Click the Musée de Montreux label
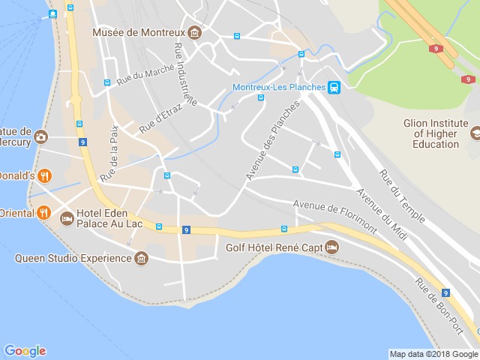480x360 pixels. pyautogui.click(x=139, y=32)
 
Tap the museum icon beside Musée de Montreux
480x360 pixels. pyautogui.click(x=195, y=33)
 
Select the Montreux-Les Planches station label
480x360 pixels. pyautogui.click(x=279, y=87)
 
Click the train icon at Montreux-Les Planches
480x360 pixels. pyautogui.click(x=334, y=88)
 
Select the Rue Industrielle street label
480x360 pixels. pyautogui.click(x=184, y=74)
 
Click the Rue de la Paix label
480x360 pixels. pyautogui.click(x=109, y=153)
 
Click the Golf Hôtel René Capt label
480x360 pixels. pyautogui.click(x=275, y=247)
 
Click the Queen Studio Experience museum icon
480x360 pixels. pyautogui.click(x=141, y=259)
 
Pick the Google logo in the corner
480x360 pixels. pyautogui.click(x=25, y=350)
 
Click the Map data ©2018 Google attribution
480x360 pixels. pyautogui.click(x=433, y=354)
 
